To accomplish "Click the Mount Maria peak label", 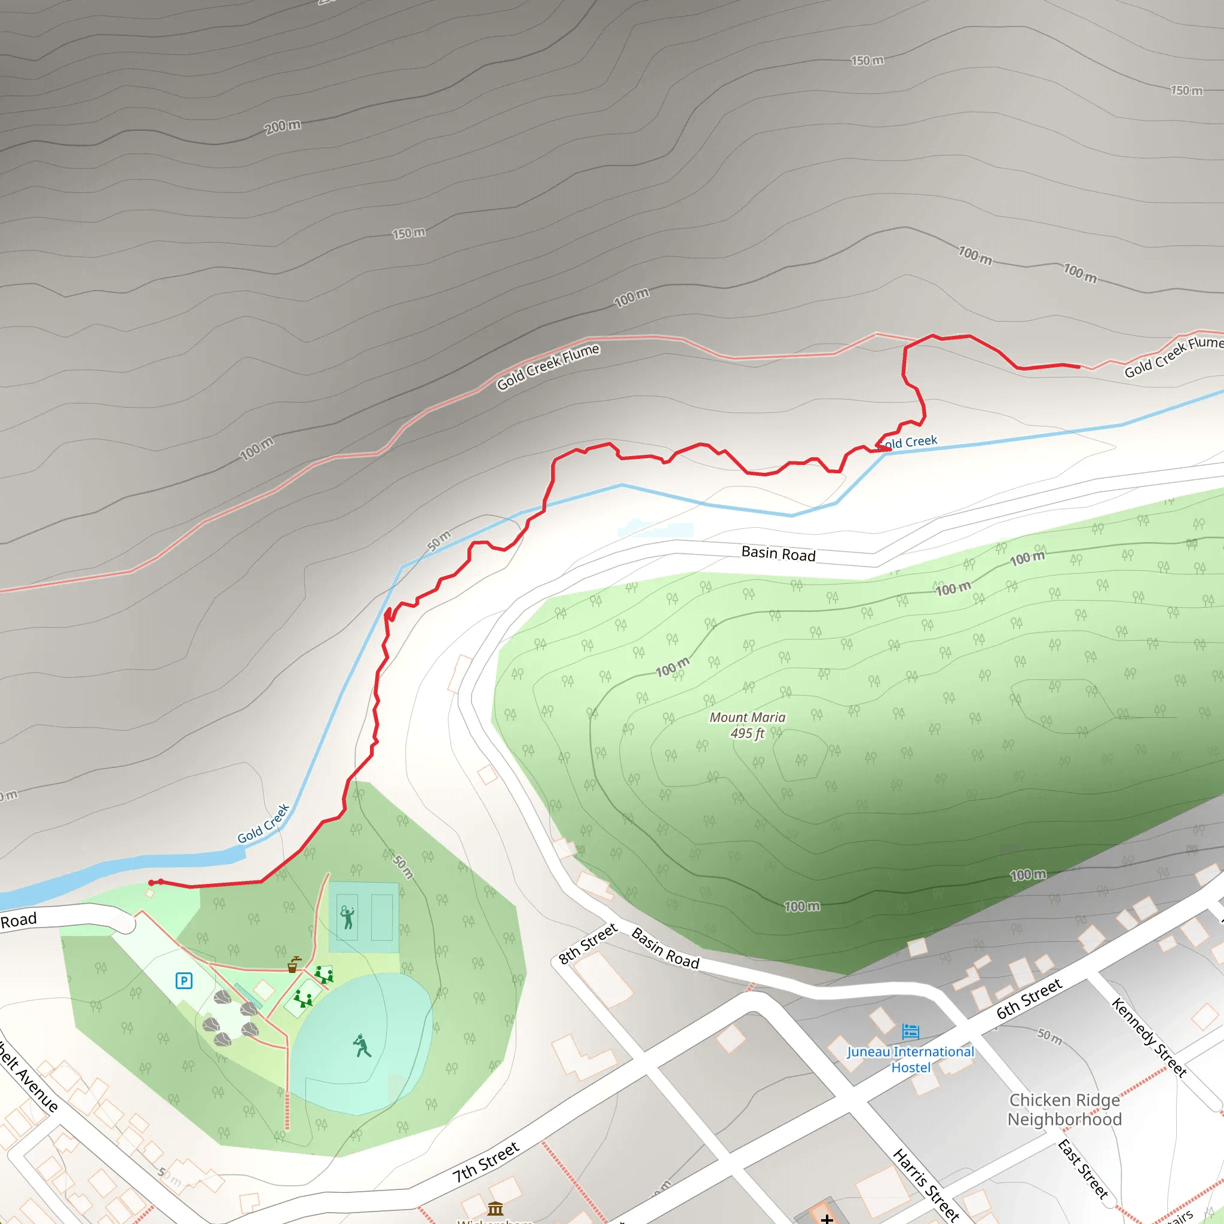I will [747, 717].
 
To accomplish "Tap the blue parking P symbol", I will [183, 981].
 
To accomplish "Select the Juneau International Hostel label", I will [910, 1059].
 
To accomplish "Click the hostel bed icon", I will [910, 1032].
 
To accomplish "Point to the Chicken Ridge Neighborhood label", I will [1064, 1109].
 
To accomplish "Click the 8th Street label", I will [588, 943].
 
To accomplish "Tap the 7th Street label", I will [486, 1162].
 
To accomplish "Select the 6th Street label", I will [1029, 999].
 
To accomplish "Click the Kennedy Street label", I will [1149, 1037].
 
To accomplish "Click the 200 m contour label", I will [283, 126].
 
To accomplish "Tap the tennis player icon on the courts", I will [347, 917].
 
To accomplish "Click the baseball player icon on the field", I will [362, 1045].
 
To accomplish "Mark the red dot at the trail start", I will [151, 883].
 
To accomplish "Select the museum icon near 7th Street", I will [495, 1208].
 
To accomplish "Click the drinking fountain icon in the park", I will [293, 964].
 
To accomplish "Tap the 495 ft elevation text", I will [747, 734].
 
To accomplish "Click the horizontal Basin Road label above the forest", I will [778, 553].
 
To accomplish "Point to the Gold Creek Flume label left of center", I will [547, 367].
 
